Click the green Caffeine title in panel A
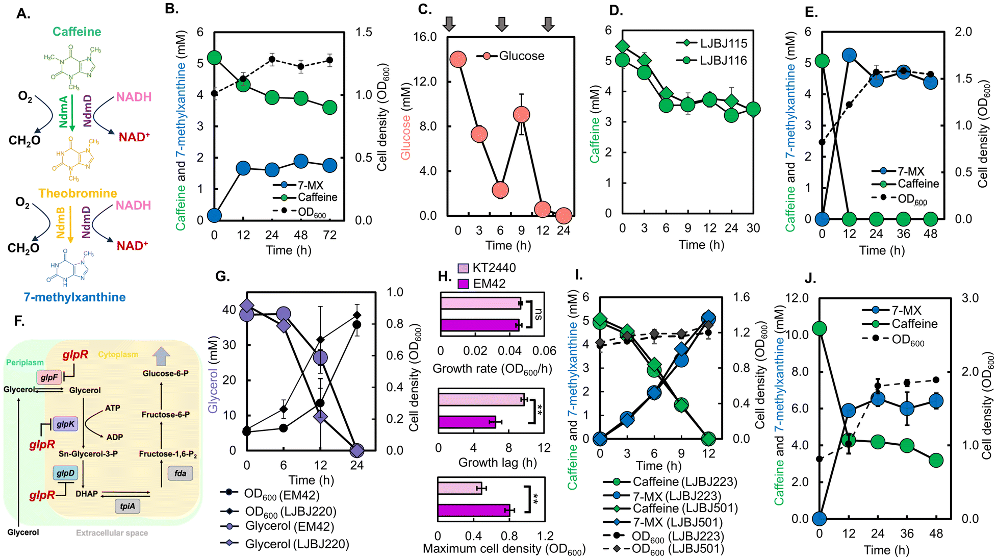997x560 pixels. (77, 32)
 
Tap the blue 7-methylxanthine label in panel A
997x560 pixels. (74, 297)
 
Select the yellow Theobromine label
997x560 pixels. (78, 193)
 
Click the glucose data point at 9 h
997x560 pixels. (521, 115)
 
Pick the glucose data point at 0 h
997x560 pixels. (458, 59)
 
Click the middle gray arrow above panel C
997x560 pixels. (502, 23)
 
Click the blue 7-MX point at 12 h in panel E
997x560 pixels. (849, 56)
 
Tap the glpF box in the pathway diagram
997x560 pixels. (49, 377)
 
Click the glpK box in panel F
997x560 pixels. (65, 424)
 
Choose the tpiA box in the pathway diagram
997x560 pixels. (127, 506)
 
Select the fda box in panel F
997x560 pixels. (180, 473)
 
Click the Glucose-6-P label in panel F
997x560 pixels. (166, 374)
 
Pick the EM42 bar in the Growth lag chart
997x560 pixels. (467, 422)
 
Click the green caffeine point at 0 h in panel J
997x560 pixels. (819, 329)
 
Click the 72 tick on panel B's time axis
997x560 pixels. (330, 235)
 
